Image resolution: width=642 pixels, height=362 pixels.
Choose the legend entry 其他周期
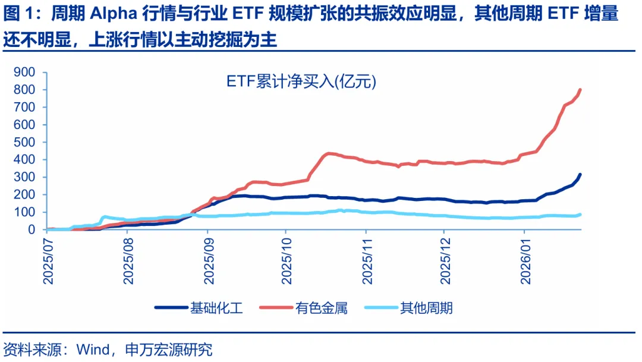(426, 307)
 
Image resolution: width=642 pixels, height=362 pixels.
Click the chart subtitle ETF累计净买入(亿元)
(301, 82)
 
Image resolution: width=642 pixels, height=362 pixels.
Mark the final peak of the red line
(580, 90)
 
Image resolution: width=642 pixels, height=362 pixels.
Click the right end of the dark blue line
(580, 174)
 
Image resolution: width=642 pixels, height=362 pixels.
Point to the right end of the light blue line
(580, 214)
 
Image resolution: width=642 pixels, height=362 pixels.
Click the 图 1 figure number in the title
(14, 14)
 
